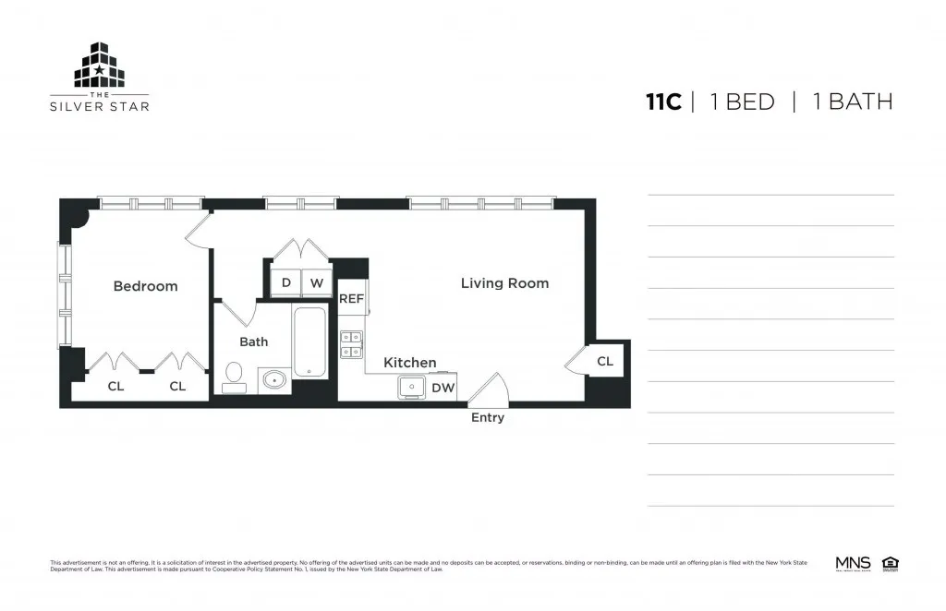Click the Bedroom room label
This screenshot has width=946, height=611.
145,286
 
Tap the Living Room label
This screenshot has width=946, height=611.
504,283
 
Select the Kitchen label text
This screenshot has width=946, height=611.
409,363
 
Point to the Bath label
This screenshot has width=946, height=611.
253,341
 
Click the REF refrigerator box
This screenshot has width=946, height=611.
351,298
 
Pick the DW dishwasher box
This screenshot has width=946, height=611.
443,388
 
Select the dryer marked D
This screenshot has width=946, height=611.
286,283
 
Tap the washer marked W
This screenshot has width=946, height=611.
316,283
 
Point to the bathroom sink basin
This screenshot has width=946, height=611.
273,379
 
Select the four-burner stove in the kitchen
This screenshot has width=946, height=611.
351,343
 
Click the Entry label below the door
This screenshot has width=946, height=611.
488,418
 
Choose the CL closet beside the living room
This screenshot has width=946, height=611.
605,361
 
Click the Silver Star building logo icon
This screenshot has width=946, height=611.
99,66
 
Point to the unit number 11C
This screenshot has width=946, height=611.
663,102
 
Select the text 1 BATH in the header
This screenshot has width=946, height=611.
853,102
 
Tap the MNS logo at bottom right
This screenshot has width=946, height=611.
853,563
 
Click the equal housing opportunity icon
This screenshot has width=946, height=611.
891,563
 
